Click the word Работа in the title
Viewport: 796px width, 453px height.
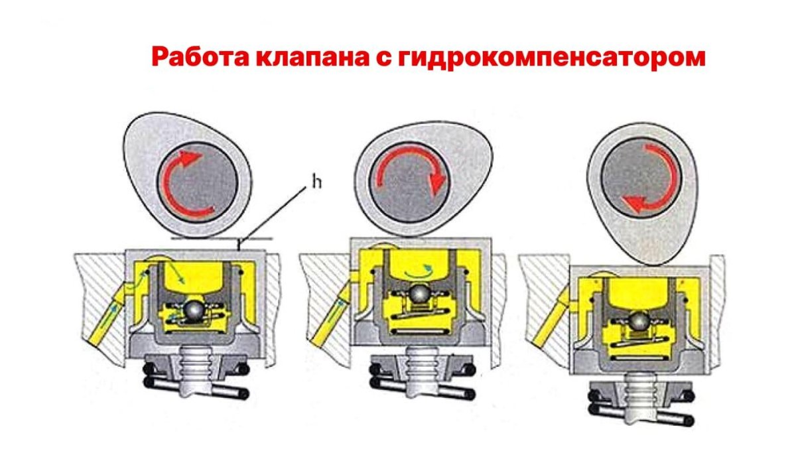click(200, 57)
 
